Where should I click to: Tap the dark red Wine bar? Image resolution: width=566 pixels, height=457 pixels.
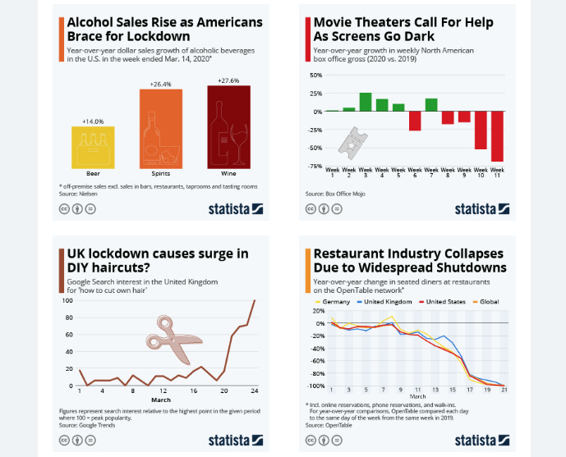point(228,126)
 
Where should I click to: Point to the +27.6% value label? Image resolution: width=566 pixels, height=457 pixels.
point(228,80)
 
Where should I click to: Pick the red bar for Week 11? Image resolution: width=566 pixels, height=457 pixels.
point(497,135)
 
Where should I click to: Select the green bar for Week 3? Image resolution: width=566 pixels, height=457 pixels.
point(366,102)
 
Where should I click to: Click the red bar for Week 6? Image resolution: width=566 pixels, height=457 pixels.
point(415,121)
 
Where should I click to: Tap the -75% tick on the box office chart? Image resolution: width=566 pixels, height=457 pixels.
point(315,167)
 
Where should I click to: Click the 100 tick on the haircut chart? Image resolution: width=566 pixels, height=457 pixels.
point(68,300)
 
